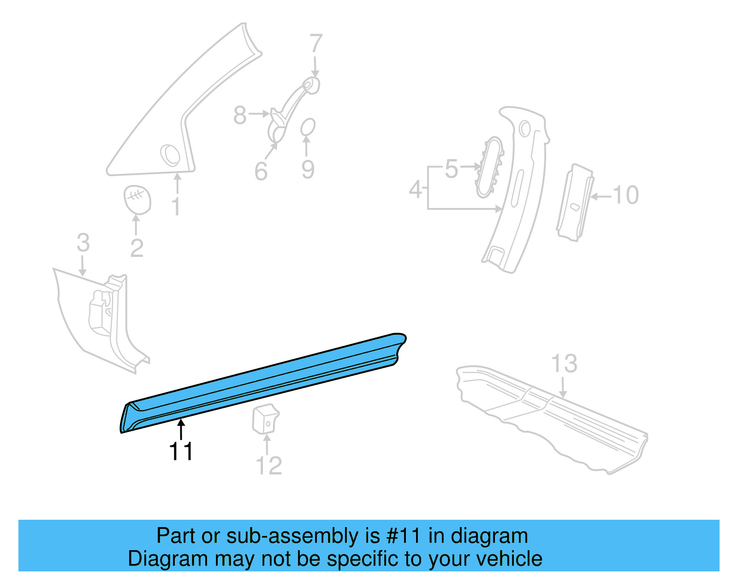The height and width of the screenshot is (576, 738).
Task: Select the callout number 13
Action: (564, 364)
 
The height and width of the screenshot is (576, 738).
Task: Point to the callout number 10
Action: (625, 195)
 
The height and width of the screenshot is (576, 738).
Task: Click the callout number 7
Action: (315, 44)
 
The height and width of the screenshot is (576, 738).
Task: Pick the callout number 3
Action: (83, 243)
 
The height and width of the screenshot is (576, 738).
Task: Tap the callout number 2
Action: (137, 248)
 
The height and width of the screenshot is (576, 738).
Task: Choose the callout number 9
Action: (308, 170)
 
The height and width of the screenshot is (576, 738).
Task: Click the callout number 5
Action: (452, 169)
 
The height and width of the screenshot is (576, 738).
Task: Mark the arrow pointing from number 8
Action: (260, 113)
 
